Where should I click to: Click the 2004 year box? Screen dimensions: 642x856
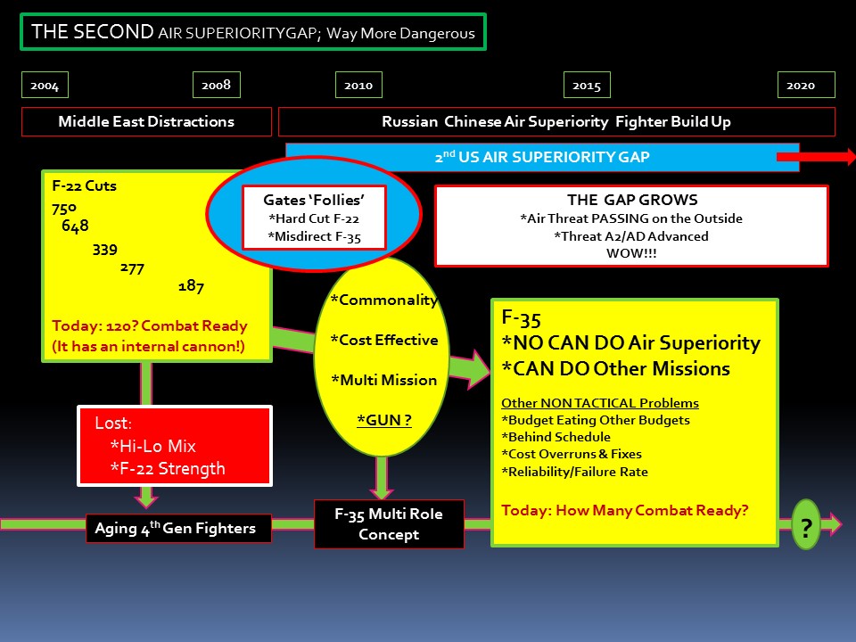click(45, 86)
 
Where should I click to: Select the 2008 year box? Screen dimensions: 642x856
click(216, 86)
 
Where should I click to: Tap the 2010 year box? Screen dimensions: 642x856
click(358, 86)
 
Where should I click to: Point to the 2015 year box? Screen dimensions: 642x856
click(587, 86)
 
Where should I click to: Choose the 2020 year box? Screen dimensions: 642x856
click(801, 86)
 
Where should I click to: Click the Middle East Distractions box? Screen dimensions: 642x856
click(146, 121)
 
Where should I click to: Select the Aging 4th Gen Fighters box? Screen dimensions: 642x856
click(175, 529)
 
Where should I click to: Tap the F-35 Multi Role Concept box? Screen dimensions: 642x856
click(389, 524)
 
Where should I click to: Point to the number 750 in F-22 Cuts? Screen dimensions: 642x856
click(65, 209)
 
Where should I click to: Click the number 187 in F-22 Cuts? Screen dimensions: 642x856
click(191, 286)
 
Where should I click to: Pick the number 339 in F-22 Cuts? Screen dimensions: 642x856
click(104, 249)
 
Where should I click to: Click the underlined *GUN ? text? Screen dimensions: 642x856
click(384, 418)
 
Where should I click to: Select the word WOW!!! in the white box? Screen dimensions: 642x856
click(630, 252)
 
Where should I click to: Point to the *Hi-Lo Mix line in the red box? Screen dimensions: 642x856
click(152, 446)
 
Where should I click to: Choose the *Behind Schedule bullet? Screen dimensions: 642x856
click(556, 437)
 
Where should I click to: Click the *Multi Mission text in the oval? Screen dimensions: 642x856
click(384, 380)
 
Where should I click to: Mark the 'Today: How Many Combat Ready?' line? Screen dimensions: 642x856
click(624, 511)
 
